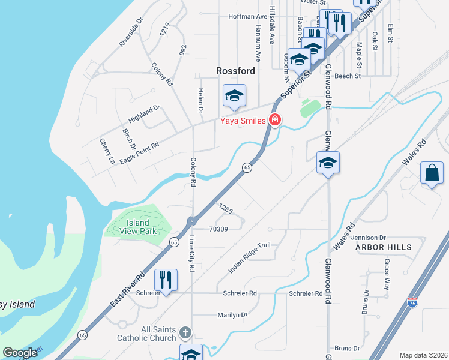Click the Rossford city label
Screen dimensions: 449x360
tap(235, 71)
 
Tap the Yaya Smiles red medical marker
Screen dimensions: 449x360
tap(275, 120)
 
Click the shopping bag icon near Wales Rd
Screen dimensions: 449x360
tap(432, 173)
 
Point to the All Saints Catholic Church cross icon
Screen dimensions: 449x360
tap(185, 332)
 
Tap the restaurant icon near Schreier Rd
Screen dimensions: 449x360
tap(166, 280)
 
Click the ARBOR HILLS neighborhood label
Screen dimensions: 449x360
tap(384, 247)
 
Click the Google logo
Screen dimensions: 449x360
tap(20, 353)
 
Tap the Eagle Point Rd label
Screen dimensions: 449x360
tap(139, 153)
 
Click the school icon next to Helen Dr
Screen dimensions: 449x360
tap(235, 95)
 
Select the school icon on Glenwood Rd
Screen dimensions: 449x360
tap(328, 163)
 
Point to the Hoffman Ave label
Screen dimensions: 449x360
tap(247, 16)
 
